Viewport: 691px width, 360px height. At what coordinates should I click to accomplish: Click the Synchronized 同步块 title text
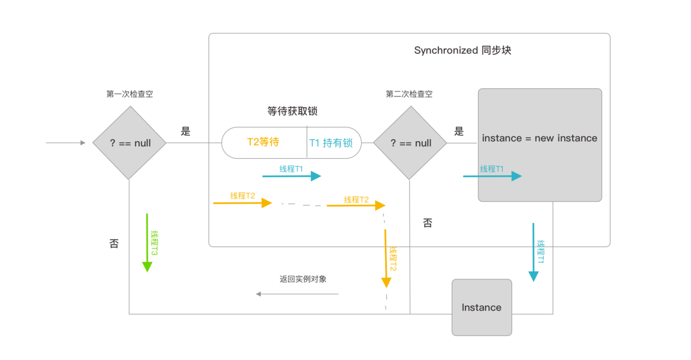pyautogui.click(x=462, y=50)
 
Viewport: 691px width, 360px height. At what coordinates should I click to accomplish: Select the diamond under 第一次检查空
pyautogui.click(x=129, y=143)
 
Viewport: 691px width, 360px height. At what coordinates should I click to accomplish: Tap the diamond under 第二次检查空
pyautogui.click(x=410, y=143)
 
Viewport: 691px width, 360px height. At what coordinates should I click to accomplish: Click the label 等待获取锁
pyautogui.click(x=292, y=111)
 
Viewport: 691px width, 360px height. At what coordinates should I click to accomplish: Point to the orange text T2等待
pyautogui.click(x=263, y=142)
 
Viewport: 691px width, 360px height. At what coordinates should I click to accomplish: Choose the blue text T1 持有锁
pyautogui.click(x=331, y=143)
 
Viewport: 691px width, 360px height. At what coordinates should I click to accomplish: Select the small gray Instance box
pyautogui.click(x=481, y=307)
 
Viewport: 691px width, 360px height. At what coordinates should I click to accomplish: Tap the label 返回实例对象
pyautogui.click(x=303, y=279)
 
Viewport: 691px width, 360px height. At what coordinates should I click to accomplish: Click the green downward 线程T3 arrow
pyautogui.click(x=147, y=242)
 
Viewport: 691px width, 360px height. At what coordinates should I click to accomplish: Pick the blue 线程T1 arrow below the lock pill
pyautogui.click(x=291, y=176)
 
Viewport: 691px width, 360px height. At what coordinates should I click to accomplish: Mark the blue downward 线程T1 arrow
pyautogui.click(x=533, y=252)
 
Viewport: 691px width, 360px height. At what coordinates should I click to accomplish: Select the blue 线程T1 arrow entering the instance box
pyautogui.click(x=492, y=176)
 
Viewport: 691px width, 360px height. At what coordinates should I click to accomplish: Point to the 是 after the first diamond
pyautogui.click(x=186, y=132)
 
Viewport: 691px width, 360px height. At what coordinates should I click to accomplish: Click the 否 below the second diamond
pyautogui.click(x=427, y=223)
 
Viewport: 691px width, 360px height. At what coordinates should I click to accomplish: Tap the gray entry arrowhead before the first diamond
pyautogui.click(x=82, y=143)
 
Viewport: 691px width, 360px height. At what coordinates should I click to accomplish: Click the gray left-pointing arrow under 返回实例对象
pyautogui.click(x=297, y=294)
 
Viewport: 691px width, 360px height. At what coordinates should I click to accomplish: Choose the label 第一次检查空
pyautogui.click(x=129, y=94)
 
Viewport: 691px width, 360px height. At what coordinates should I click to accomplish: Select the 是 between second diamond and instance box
pyautogui.click(x=459, y=132)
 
